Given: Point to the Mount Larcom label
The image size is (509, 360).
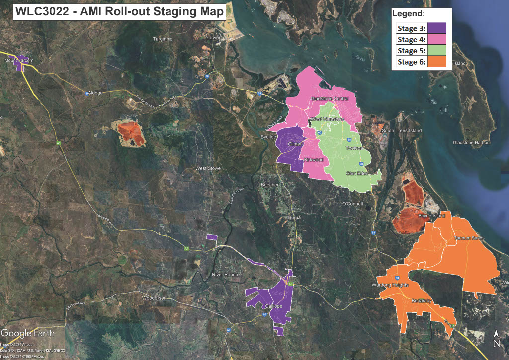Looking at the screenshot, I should [19, 60].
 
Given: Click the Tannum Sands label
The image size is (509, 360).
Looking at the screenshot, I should [469, 238].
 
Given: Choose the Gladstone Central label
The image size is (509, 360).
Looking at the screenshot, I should [330, 99].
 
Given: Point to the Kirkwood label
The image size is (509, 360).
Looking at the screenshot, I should [314, 160].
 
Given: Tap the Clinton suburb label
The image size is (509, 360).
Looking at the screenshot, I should [296, 144].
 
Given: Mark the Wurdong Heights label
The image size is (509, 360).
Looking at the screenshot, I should [390, 285].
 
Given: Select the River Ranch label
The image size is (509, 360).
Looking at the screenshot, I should [225, 275].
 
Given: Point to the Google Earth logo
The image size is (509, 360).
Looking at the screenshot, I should [28, 333].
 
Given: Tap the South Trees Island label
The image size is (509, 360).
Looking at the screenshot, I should [402, 131].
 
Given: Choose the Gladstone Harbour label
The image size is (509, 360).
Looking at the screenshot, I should [472, 143].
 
